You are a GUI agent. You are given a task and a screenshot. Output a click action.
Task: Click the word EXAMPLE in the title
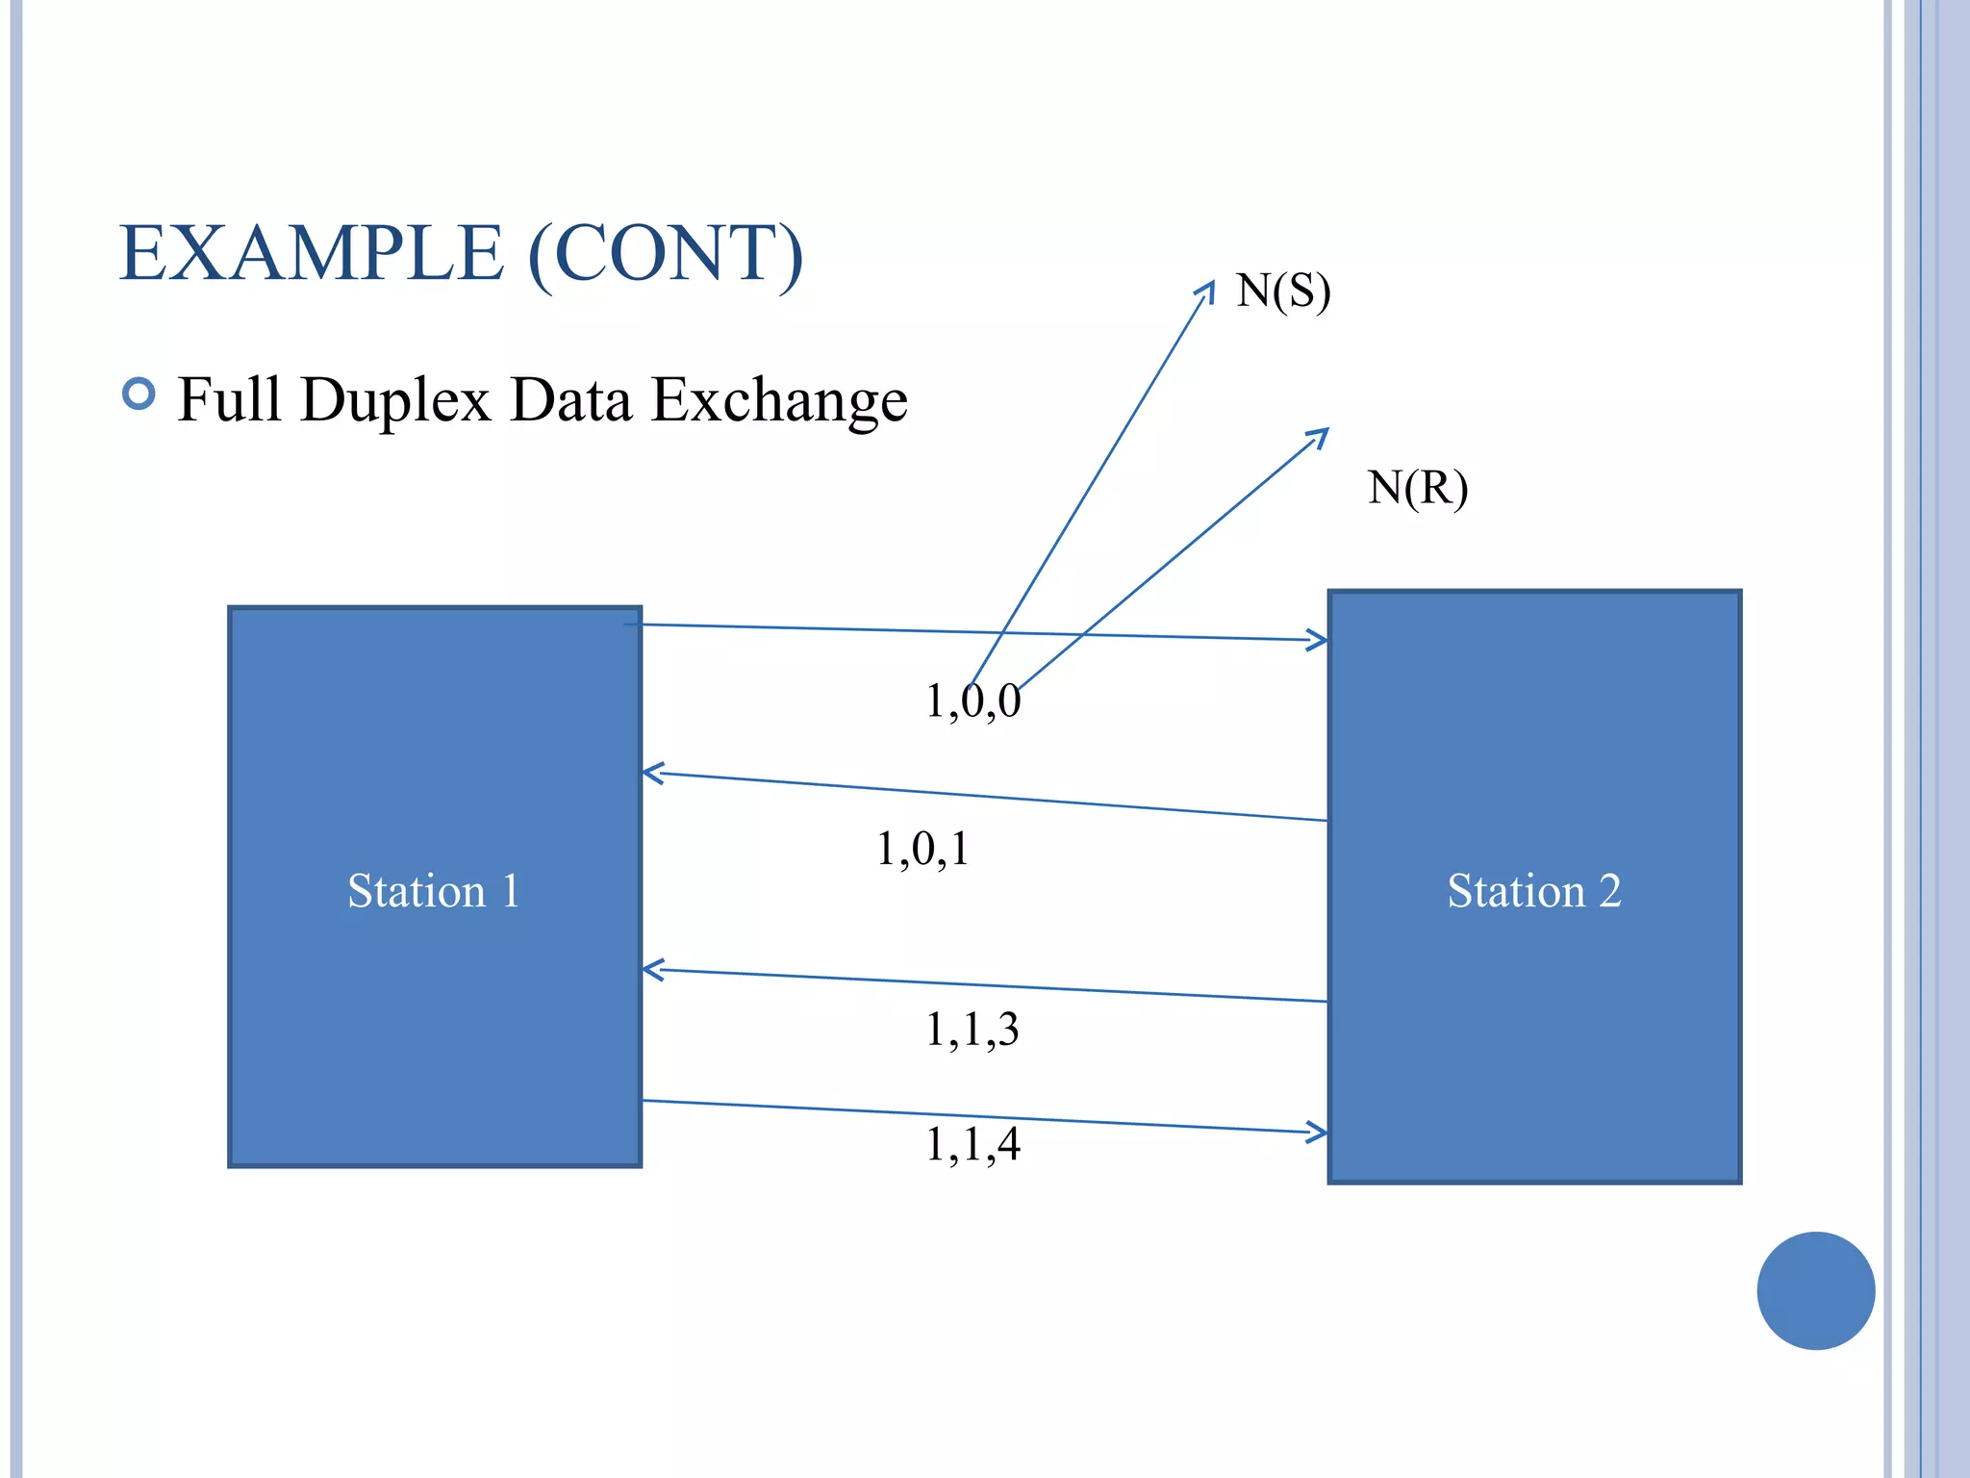tap(311, 253)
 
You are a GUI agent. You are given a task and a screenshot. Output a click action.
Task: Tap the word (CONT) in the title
tap(665, 253)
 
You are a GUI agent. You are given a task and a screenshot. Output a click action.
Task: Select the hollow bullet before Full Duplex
tap(139, 394)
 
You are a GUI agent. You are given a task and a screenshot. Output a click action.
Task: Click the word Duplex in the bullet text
tap(395, 400)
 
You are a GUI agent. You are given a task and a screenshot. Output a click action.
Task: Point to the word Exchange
tap(779, 400)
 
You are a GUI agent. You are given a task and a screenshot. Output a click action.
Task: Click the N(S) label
tap(1283, 291)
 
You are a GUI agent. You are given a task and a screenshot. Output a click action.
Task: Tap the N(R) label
tap(1418, 488)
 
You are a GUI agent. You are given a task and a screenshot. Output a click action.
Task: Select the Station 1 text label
tap(434, 890)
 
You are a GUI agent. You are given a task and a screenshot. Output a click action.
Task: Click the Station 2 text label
tap(1534, 890)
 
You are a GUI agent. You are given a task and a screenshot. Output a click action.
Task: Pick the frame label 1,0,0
tap(972, 701)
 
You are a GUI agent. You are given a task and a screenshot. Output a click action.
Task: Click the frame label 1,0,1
tap(922, 849)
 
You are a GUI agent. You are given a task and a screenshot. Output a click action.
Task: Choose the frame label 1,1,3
tap(972, 1030)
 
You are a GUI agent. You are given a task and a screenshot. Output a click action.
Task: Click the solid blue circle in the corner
tap(1815, 1290)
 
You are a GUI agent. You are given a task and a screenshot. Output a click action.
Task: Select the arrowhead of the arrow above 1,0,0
tap(1319, 640)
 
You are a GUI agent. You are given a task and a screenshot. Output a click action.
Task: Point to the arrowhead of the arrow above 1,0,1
tap(651, 773)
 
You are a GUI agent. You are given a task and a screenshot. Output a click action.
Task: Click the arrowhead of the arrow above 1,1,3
tap(651, 970)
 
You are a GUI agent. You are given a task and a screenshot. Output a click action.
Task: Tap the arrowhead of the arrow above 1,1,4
tap(1319, 1133)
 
